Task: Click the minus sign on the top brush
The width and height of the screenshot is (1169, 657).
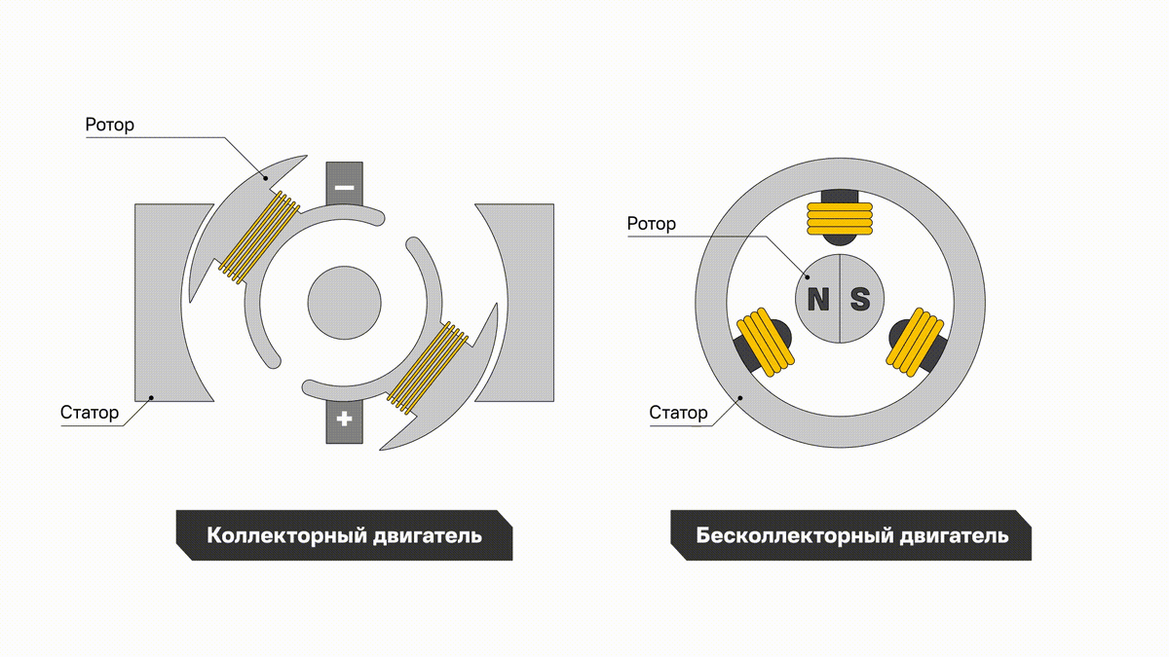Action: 345,187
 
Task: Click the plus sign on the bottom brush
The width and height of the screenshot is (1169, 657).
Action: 345,419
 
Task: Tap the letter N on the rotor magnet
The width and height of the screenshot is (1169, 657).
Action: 817,300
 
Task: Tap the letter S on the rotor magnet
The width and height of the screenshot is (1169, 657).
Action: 860,300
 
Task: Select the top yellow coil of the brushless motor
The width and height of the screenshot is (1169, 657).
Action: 840,218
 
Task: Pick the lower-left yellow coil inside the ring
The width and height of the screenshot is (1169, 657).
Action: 766,342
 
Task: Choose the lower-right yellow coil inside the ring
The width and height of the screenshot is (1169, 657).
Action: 915,342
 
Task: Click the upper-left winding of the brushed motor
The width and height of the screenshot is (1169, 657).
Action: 259,237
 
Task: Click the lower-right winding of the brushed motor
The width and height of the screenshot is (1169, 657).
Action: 428,368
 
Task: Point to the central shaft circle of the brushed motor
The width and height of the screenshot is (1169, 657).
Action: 345,303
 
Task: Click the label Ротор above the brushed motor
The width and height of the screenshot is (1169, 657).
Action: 109,126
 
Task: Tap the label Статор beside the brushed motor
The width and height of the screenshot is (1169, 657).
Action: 90,413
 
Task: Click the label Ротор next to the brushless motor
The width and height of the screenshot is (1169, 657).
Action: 652,224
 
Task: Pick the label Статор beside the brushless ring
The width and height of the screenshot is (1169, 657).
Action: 678,413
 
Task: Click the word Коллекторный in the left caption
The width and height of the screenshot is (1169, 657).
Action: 286,536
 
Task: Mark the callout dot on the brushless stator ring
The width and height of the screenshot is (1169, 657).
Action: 740,398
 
